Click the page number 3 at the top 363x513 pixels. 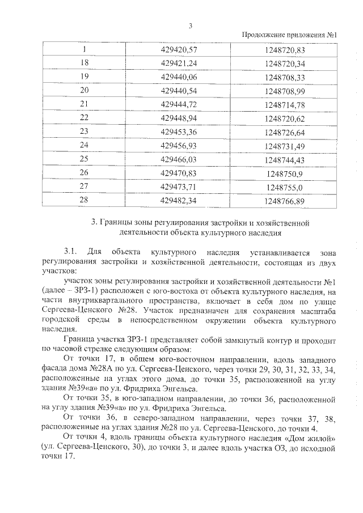(x=191, y=25)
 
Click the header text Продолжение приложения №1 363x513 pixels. (x=289, y=36)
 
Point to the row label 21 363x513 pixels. (x=85, y=104)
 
